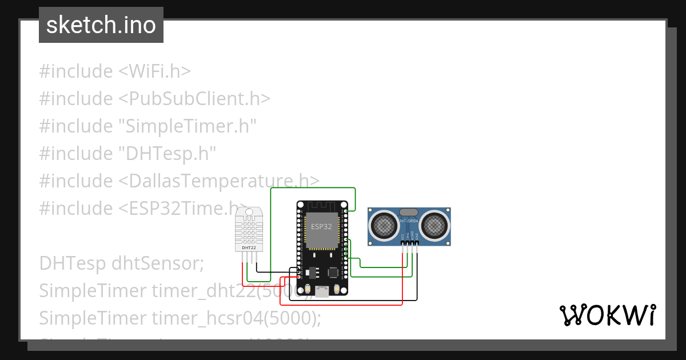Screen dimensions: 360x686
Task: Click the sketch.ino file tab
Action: click(x=101, y=25)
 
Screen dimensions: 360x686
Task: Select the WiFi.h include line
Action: click(x=114, y=71)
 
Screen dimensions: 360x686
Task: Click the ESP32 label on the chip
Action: click(x=321, y=226)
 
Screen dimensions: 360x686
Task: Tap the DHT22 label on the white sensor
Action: click(x=249, y=248)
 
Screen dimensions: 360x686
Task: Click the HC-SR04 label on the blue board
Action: click(x=409, y=220)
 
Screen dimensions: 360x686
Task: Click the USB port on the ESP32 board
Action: click(x=322, y=291)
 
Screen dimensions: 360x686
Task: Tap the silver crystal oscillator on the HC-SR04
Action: click(x=409, y=212)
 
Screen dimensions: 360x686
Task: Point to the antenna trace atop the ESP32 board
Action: click(x=322, y=207)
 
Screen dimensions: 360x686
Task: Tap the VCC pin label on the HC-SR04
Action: click(x=402, y=235)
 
